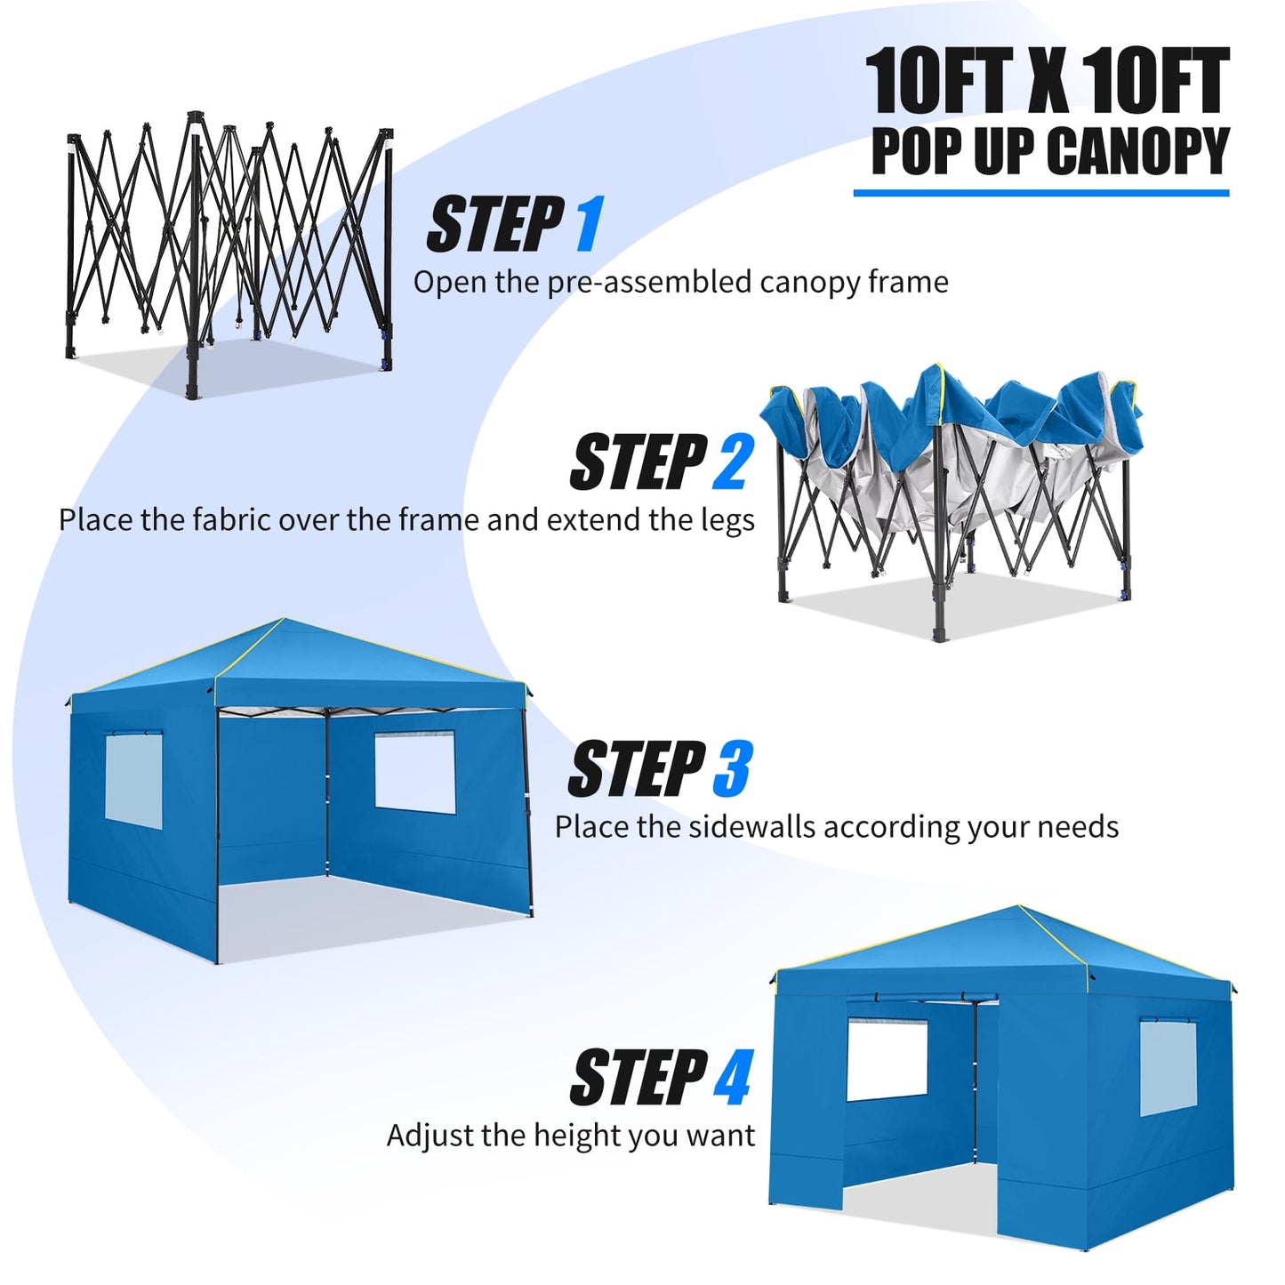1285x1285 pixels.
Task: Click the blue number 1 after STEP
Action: pyautogui.click(x=589, y=225)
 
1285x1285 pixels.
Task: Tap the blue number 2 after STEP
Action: pyautogui.click(x=733, y=462)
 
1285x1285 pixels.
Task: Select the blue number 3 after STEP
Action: pyautogui.click(x=732, y=769)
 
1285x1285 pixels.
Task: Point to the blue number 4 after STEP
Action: pyautogui.click(x=733, y=1077)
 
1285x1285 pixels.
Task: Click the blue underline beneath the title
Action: pyautogui.click(x=1040, y=192)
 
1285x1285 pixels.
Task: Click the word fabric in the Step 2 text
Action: pyautogui.click(x=230, y=520)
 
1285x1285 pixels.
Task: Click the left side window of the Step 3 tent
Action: pyautogui.click(x=133, y=780)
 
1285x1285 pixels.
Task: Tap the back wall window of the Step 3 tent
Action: pyautogui.click(x=414, y=772)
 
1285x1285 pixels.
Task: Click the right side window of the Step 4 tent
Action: pyautogui.click(x=1168, y=1067)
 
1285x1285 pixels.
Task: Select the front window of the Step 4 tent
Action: pyautogui.click(x=887, y=1059)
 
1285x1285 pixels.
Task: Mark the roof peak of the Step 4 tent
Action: pyautogui.click(x=1018, y=908)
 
